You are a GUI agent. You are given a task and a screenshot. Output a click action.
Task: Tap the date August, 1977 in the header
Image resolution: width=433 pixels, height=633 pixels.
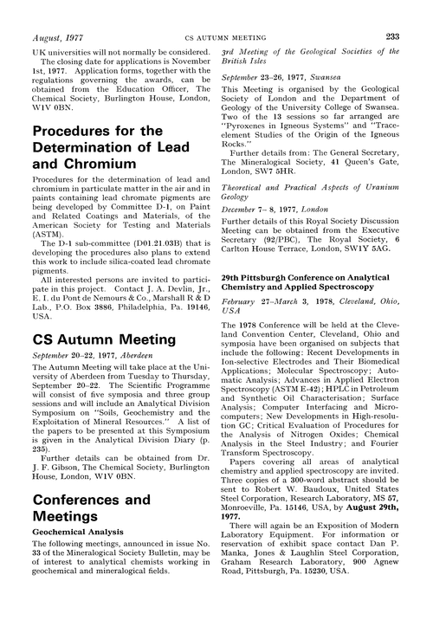click(x=56, y=13)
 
